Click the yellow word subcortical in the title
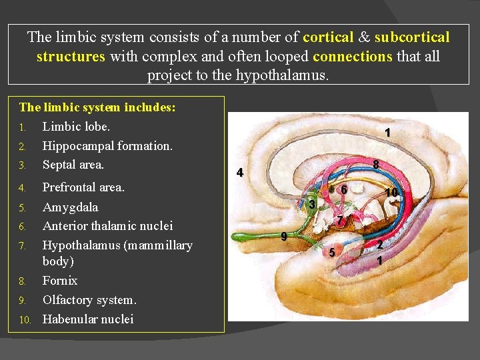[x=412, y=37]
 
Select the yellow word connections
[x=352, y=56]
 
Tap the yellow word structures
[x=71, y=56]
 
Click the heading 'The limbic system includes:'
[x=97, y=107]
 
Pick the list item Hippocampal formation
[x=107, y=145]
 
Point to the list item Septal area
[x=73, y=163]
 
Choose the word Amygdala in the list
[x=70, y=207]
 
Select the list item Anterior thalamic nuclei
[x=107, y=226]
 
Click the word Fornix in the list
[x=60, y=280]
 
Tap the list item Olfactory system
[x=89, y=299]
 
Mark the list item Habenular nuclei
[x=88, y=319]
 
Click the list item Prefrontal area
[x=83, y=187]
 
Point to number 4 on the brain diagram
[x=240, y=173]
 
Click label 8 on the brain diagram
[x=376, y=164]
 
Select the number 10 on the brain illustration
[x=391, y=193]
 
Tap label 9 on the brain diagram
[x=284, y=236]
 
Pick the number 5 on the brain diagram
[x=331, y=251]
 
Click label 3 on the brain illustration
[x=311, y=203]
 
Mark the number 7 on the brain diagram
[x=339, y=220]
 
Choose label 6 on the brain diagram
[x=343, y=190]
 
